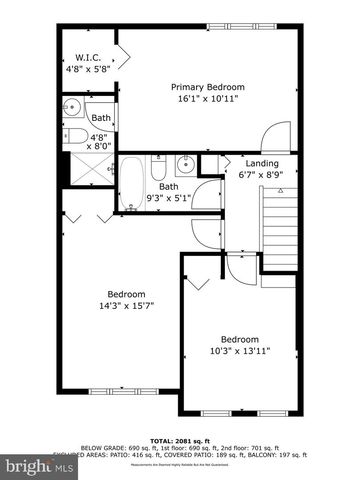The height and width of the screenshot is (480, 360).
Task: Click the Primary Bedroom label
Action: click(207, 87)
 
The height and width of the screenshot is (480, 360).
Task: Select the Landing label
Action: click(263, 162)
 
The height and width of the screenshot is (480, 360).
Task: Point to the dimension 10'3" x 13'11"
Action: click(239, 351)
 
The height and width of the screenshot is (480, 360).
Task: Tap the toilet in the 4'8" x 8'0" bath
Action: click(70, 137)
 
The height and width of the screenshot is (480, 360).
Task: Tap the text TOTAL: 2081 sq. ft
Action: click(180, 440)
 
